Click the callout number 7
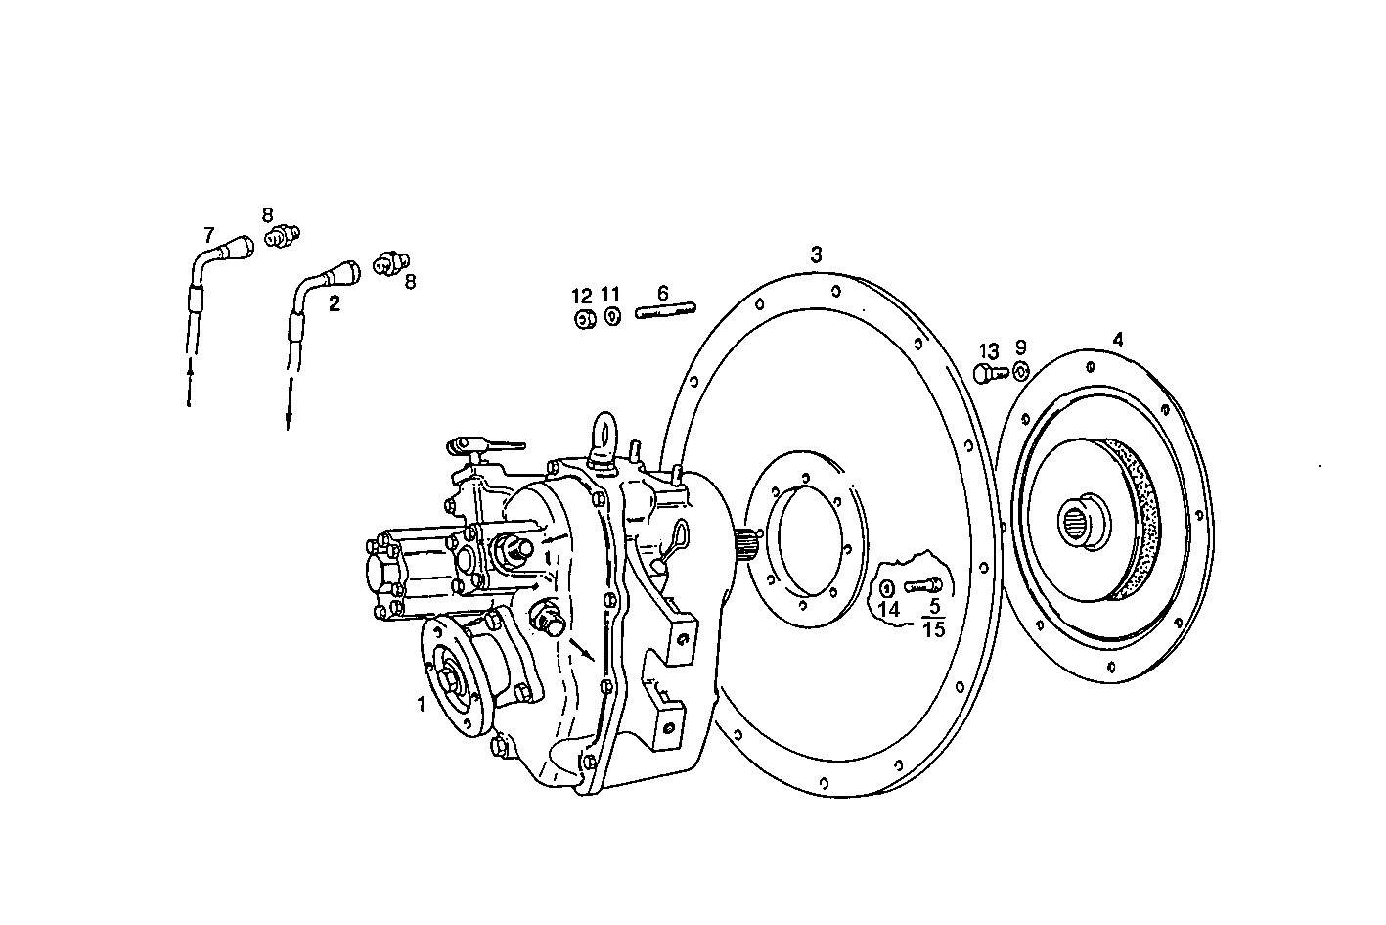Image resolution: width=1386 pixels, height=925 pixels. pyautogui.click(x=208, y=235)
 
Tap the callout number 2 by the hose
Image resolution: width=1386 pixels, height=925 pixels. pyautogui.click(x=335, y=303)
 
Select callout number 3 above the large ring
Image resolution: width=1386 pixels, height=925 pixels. pyautogui.click(x=816, y=254)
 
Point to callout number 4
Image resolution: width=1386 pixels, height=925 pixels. pyautogui.click(x=1118, y=340)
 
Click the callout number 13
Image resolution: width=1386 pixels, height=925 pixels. pyautogui.click(x=989, y=350)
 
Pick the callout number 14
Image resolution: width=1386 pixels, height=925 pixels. pyautogui.click(x=889, y=609)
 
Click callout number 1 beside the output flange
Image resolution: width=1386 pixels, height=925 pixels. pyautogui.click(x=422, y=703)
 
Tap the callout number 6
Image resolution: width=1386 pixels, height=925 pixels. pyautogui.click(x=662, y=293)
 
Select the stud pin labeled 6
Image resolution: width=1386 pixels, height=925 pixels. pyautogui.click(x=665, y=312)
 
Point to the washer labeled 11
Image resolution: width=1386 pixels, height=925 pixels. pyautogui.click(x=612, y=316)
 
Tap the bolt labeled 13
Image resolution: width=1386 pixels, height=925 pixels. pyautogui.click(x=989, y=373)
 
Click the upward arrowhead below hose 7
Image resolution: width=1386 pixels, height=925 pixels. pyautogui.click(x=190, y=369)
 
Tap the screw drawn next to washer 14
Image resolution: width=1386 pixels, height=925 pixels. pyautogui.click(x=923, y=586)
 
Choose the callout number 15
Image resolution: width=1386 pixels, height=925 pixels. pyautogui.click(x=934, y=629)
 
